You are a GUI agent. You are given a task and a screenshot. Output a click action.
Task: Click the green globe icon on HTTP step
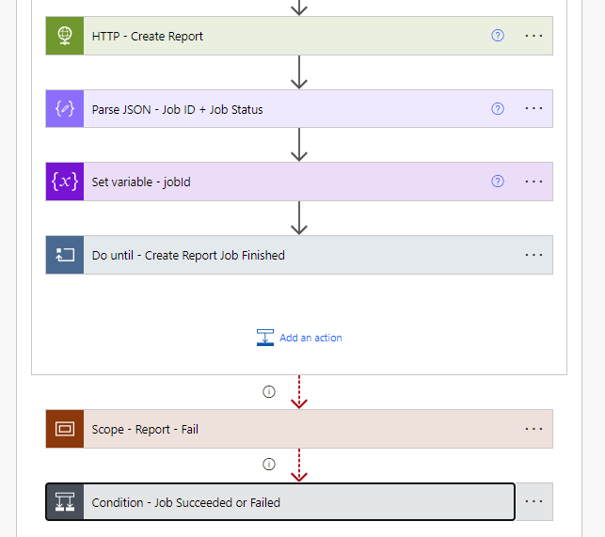pos(65,36)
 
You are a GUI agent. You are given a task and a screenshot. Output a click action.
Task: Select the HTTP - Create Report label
pos(148,37)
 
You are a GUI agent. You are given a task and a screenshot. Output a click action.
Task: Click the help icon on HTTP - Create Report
pos(498,36)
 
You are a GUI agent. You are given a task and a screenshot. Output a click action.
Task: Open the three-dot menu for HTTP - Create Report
pos(533,36)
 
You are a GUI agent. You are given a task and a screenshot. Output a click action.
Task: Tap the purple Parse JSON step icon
pos(65,109)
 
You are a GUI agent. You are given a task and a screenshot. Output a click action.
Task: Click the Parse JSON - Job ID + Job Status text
pos(177,109)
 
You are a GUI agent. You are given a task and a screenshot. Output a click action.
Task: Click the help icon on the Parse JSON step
pos(498,109)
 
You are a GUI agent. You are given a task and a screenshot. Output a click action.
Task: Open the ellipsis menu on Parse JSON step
pos(533,109)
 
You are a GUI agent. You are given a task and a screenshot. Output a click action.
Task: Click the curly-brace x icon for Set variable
pos(65,182)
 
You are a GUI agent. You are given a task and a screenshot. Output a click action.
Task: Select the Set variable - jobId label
pos(141,182)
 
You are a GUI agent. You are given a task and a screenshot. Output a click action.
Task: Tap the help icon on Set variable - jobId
pos(498,182)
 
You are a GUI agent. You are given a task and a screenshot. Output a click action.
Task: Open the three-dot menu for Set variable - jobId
pos(533,182)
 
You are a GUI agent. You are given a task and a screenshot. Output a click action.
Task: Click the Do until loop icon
pos(65,255)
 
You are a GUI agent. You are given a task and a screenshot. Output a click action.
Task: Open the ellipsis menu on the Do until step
pos(533,255)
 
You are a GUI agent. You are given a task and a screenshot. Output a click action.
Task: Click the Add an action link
pos(310,338)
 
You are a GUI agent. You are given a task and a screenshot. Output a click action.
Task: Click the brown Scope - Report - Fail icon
pos(65,429)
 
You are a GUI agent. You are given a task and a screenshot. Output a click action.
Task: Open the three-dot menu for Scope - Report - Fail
pos(533,429)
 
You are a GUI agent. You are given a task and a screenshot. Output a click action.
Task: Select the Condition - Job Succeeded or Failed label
pos(186,502)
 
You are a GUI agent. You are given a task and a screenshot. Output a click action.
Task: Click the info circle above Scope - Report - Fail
pos(269,391)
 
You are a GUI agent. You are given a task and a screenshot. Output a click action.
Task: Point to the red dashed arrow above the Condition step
pos(299,466)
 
